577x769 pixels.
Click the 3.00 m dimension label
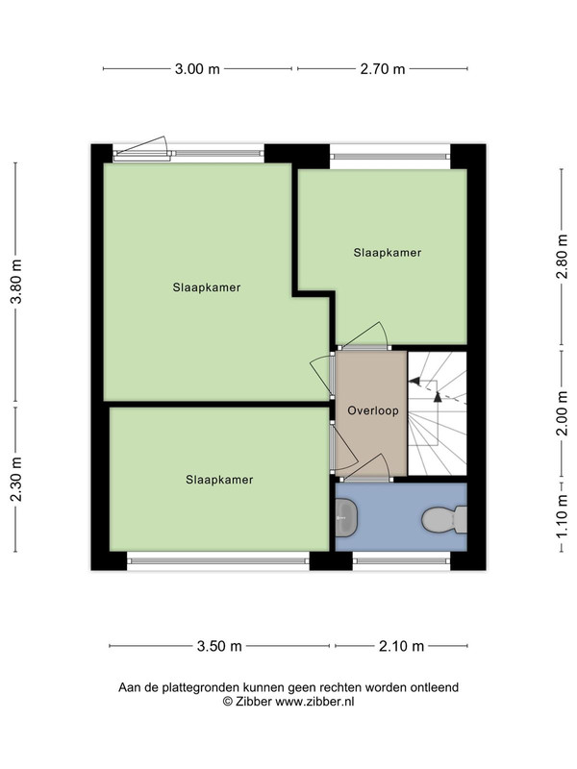[197, 69]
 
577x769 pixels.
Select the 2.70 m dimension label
[383, 69]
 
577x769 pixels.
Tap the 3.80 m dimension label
[16, 282]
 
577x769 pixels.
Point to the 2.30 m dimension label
[16, 479]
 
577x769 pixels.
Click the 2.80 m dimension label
[563, 257]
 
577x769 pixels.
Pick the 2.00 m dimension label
[563, 413]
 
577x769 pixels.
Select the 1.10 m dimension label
[563, 516]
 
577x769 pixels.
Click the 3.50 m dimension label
[219, 646]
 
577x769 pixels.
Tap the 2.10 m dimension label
[401, 646]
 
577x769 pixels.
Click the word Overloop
[373, 411]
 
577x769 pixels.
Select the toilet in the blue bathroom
[444, 520]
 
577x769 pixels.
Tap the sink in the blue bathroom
[347, 517]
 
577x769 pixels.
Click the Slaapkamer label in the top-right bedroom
[388, 253]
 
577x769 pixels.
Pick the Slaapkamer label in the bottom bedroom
[219, 480]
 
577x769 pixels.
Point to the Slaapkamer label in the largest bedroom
[207, 287]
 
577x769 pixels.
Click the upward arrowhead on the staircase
[438, 397]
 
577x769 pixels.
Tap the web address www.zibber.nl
[314, 702]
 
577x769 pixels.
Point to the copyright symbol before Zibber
[227, 702]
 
